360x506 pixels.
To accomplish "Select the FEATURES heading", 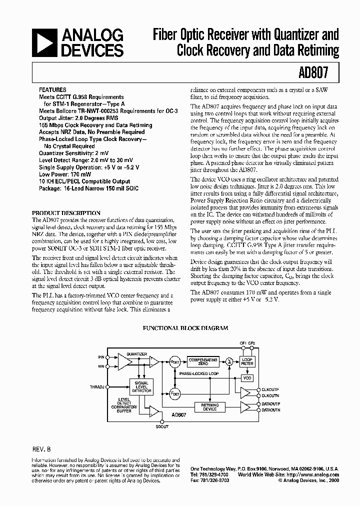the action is click(52, 90).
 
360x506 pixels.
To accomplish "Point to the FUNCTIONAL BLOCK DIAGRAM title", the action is click(185, 328).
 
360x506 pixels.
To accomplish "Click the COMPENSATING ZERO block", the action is click(203, 361).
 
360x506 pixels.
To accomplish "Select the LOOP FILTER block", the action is click(247, 361).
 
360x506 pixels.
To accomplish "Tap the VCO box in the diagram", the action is click(247, 378).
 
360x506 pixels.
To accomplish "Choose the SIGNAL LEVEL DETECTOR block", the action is click(141, 386).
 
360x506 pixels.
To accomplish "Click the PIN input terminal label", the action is click(102, 357).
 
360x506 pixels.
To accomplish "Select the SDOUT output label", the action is click(162, 426).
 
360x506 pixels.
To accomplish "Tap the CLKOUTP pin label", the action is click(270, 389).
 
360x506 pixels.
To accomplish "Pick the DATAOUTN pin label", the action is click(271, 410).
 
